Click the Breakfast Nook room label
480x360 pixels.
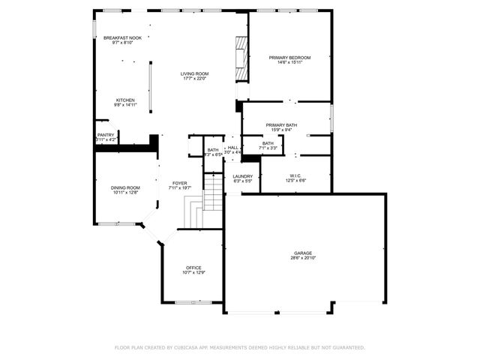pos(122,37)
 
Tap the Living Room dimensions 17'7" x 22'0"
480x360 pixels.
pos(194,79)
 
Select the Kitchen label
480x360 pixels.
pos(124,100)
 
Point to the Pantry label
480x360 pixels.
pos(106,135)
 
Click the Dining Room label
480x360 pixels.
pos(126,187)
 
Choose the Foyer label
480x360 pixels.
pos(180,183)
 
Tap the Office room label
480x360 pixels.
pos(194,268)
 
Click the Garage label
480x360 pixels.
pos(303,253)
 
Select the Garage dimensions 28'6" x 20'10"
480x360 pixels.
pos(303,258)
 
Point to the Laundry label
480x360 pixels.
pos(242,176)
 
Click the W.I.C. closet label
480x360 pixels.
pos(295,176)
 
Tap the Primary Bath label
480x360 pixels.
pos(281,124)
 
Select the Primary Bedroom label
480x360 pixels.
pos(289,57)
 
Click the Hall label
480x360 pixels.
pos(233,148)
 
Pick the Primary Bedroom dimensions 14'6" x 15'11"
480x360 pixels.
pos(289,62)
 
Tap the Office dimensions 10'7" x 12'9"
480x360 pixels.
pos(194,273)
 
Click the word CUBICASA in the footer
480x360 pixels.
pos(188,348)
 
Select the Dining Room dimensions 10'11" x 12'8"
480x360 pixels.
pos(126,193)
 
